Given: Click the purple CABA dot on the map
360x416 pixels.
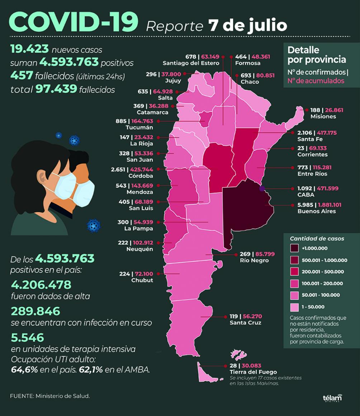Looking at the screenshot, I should (x=262, y=188).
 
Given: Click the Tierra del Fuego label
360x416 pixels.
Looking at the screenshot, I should (x=253, y=372).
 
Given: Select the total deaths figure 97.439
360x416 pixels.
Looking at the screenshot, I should (x=56, y=89).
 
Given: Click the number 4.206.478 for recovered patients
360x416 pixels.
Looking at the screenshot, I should (x=41, y=284).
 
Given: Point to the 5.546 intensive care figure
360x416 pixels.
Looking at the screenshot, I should (x=27, y=338).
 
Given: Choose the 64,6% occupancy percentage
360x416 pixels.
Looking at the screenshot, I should (x=24, y=370).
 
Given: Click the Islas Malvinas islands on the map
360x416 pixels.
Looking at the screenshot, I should (x=238, y=354).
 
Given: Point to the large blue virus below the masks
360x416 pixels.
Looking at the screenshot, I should (x=93, y=225).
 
